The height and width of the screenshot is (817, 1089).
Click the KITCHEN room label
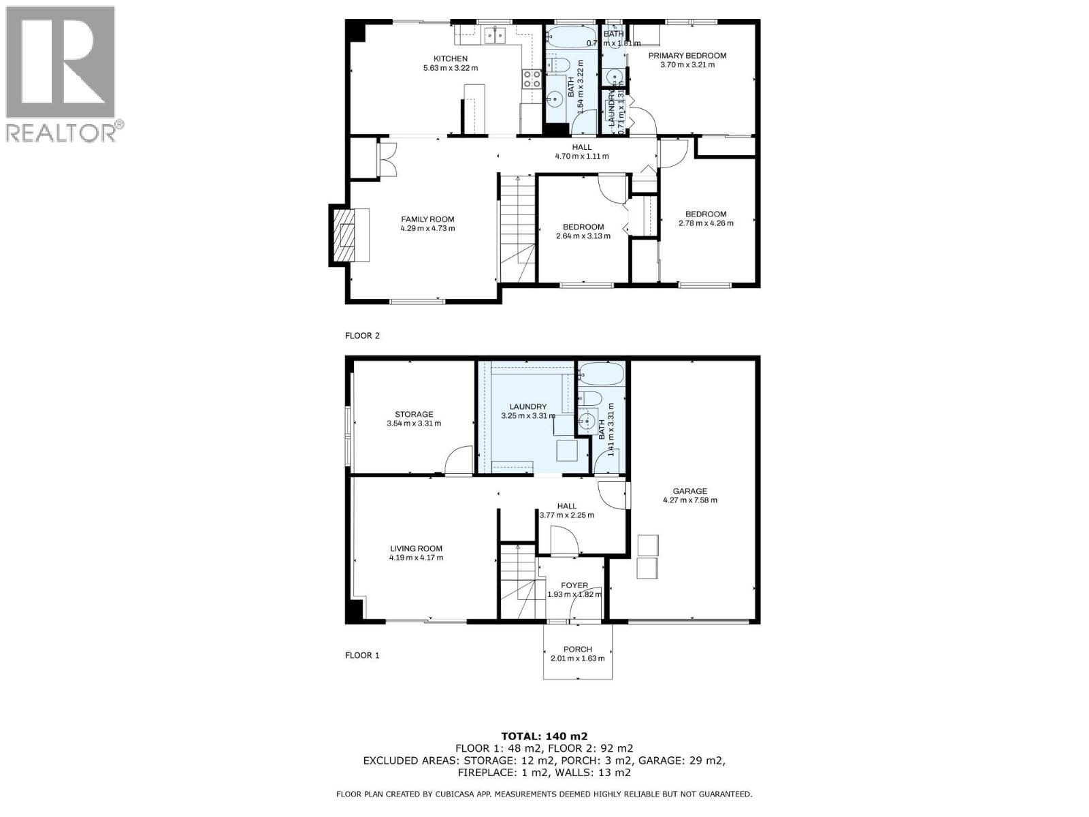(x=451, y=59)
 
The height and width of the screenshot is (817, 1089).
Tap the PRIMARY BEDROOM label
(x=687, y=56)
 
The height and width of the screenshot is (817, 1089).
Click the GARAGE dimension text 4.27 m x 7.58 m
(x=689, y=500)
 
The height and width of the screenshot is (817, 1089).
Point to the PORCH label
(x=577, y=649)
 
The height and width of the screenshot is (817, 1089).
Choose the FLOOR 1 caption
(x=362, y=656)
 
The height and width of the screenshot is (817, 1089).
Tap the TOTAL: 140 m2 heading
(x=544, y=735)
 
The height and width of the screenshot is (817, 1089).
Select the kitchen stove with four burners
(x=532, y=79)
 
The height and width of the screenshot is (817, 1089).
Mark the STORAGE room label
(x=414, y=414)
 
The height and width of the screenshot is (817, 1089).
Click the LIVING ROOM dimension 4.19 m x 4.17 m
(x=416, y=558)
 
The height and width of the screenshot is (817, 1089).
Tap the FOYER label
(x=574, y=586)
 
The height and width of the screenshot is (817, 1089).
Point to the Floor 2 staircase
(x=517, y=218)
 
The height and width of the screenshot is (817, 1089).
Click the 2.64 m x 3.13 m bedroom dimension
(x=583, y=236)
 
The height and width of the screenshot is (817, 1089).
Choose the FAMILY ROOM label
(x=427, y=219)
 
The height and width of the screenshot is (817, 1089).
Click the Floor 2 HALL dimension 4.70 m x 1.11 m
(x=581, y=156)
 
